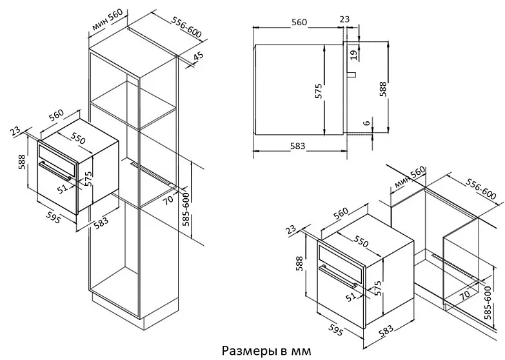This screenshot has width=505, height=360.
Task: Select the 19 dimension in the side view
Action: tap(353, 54)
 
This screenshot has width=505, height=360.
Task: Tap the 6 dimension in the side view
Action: tap(366, 124)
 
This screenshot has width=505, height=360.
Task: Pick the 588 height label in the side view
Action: tap(383, 89)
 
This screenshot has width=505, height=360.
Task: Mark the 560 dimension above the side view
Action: tap(299, 23)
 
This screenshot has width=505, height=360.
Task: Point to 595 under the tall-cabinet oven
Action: tap(54, 218)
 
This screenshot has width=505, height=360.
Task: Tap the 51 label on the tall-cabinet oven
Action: tap(63, 188)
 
